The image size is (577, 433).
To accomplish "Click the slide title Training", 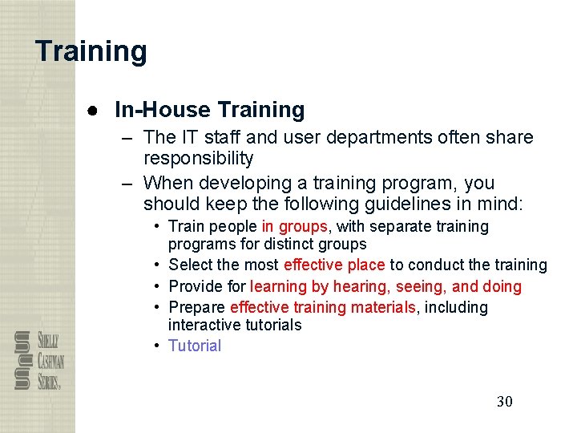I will [91, 51].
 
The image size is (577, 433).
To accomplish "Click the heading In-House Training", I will [210, 110].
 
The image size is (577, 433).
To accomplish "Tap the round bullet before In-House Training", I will [93, 110].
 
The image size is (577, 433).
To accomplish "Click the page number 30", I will [504, 401].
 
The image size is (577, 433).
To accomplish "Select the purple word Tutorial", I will [195, 346].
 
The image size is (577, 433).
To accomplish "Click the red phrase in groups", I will [294, 227].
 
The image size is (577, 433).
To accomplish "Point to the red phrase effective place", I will [334, 265].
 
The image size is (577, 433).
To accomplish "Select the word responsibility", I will [199, 158].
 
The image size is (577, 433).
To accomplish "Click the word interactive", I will [201, 325].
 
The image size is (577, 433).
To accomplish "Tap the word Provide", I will [194, 286].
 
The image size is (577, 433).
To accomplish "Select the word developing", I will [241, 183].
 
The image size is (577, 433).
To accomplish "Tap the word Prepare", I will [197, 307].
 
